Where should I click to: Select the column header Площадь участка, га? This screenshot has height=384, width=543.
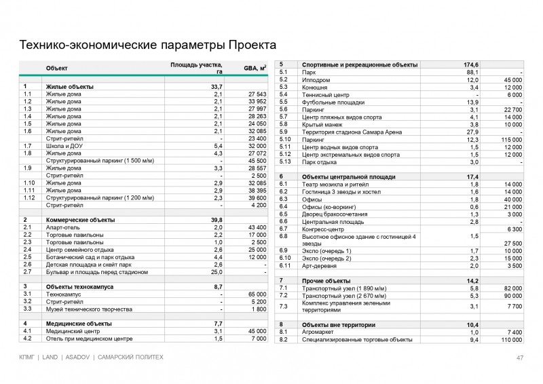pos(196,66)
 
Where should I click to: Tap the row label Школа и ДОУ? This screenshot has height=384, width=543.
pos(67,146)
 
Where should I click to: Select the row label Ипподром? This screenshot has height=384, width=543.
pos(316,79)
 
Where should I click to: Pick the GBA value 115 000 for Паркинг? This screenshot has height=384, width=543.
pos(508,139)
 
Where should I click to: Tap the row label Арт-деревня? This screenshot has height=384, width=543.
pos(319,267)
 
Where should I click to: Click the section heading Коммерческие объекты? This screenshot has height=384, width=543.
pos(80,220)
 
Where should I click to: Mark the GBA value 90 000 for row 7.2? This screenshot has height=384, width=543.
pos(510,295)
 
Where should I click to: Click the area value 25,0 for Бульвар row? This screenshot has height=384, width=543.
pos(217,272)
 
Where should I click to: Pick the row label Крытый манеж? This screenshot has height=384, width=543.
pos(323,124)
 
